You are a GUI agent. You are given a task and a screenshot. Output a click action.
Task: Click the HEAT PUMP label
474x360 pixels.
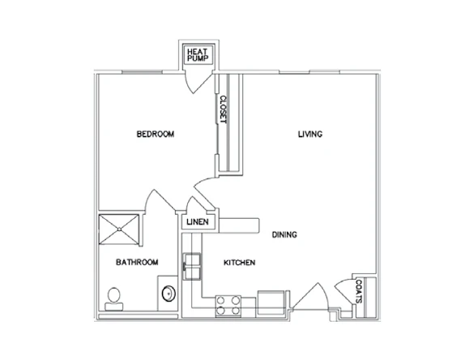click(x=199, y=54)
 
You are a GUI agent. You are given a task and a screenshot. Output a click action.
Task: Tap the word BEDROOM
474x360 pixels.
click(x=156, y=134)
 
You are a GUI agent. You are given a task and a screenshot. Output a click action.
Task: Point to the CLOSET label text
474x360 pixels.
click(x=222, y=110)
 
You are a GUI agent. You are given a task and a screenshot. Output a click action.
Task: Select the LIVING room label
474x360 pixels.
click(x=310, y=134)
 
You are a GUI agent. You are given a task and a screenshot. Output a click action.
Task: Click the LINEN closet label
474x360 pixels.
click(x=199, y=221)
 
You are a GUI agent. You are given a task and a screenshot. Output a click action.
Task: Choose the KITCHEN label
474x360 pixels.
click(x=240, y=263)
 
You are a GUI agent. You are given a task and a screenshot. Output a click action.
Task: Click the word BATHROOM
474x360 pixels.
click(x=136, y=262)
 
